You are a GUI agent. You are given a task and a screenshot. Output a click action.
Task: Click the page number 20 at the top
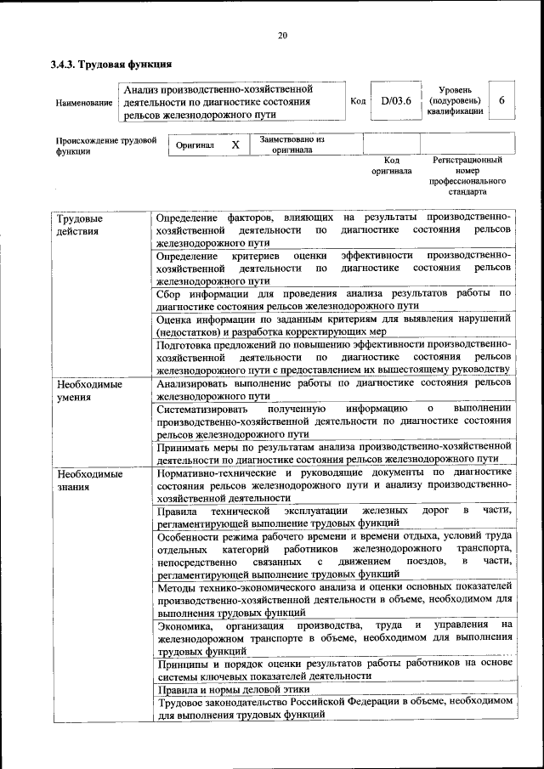[282, 35]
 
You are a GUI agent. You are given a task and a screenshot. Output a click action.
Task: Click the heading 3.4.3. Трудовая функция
[111, 64]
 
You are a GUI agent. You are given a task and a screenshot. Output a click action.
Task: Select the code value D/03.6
[396, 100]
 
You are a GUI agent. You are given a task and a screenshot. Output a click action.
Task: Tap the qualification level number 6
[501, 100]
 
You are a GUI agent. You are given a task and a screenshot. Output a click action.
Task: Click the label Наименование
[84, 102]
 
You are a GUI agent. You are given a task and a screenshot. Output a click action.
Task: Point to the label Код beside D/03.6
[358, 101]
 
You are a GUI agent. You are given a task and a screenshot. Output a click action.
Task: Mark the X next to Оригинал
[235, 145]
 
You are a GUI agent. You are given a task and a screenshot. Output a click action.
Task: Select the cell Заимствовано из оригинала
[292, 144]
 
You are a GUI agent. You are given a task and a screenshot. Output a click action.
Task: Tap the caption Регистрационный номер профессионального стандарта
[467, 175]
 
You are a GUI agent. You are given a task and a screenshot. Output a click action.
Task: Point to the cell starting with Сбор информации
[333, 299]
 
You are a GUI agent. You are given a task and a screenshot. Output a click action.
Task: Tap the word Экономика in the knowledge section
[184, 625]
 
